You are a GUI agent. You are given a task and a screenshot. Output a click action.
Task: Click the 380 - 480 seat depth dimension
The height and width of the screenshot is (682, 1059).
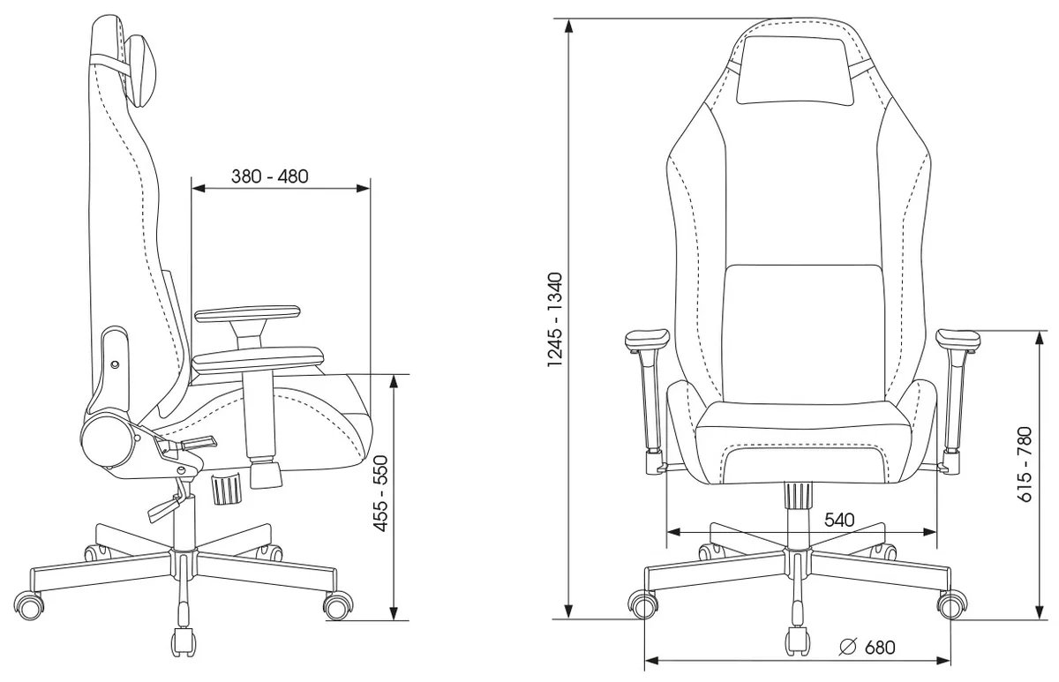click(x=269, y=176)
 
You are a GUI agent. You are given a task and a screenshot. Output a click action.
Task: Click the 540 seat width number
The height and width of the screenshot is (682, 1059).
click(x=838, y=521)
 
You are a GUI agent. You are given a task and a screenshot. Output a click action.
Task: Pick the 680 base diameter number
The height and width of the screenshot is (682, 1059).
click(x=879, y=648)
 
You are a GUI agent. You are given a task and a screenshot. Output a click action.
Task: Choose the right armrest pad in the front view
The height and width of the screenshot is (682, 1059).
click(x=957, y=338)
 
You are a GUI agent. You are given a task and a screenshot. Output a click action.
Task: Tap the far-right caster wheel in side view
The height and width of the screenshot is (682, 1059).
click(x=336, y=605)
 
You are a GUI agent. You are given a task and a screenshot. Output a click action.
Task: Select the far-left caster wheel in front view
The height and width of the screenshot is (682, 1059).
click(x=642, y=605)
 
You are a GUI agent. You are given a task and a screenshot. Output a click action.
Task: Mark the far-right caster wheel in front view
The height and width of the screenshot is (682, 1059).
click(x=951, y=605)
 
